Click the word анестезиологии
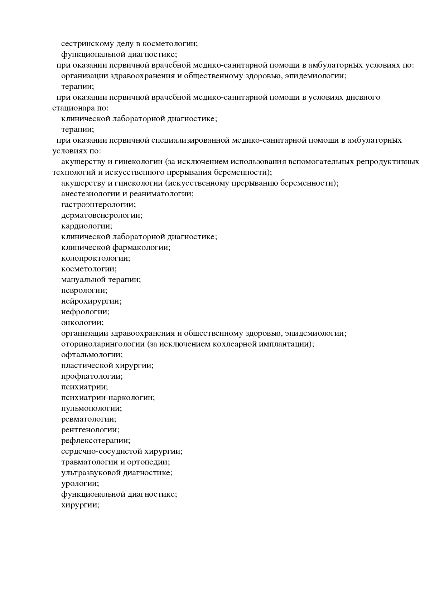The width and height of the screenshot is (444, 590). coord(91,194)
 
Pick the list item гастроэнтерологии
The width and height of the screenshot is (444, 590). coord(98,205)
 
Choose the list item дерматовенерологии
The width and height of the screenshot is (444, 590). coord(101,215)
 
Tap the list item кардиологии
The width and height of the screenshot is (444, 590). coord(86,226)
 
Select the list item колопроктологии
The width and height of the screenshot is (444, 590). coord(95,258)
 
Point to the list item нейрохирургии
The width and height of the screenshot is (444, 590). coord(91,301)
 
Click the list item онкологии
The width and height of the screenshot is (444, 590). coord(82,323)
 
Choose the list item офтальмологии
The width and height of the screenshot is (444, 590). coord(92,355)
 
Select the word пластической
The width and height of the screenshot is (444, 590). coord(87,365)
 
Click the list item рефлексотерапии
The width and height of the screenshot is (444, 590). coord(95,441)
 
